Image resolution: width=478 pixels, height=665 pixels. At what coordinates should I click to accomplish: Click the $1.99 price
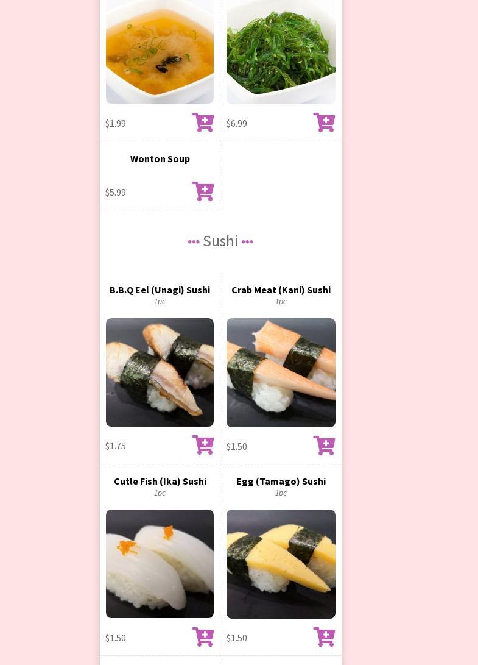(116, 123)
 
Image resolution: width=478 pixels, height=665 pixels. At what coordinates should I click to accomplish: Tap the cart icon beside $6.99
(324, 122)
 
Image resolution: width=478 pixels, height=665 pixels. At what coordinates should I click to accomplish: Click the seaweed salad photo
(281, 52)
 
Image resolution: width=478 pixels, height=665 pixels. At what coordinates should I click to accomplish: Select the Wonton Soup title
(160, 159)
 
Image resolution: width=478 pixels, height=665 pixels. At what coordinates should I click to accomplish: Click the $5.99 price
(116, 192)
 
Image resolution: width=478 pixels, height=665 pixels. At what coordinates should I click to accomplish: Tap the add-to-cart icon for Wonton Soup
(203, 191)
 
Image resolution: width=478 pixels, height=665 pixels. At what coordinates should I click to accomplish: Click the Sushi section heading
(220, 241)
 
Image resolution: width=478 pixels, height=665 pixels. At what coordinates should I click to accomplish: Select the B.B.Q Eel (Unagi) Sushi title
(160, 290)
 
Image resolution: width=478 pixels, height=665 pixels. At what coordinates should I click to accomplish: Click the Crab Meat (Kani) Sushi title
(281, 290)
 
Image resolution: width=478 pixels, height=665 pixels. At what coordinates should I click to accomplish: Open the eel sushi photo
(160, 372)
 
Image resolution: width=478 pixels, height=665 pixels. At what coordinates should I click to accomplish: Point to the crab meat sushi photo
(281, 372)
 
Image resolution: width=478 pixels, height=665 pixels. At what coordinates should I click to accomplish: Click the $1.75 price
(116, 446)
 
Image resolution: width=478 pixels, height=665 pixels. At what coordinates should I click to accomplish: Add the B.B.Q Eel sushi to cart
(203, 444)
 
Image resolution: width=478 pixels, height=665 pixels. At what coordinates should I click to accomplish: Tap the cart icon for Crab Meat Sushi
(324, 446)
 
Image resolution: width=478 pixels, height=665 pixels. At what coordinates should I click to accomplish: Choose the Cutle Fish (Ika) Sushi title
(160, 482)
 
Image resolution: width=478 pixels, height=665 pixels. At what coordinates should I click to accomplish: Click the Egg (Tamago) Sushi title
(281, 482)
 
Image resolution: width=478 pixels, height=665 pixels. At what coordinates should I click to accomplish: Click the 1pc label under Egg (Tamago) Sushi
(281, 493)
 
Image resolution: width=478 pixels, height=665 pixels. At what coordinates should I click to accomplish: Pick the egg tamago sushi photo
(281, 564)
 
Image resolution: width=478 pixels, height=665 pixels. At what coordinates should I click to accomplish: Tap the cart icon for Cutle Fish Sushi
(203, 636)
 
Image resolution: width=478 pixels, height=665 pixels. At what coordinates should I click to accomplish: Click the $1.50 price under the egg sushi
(236, 638)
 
